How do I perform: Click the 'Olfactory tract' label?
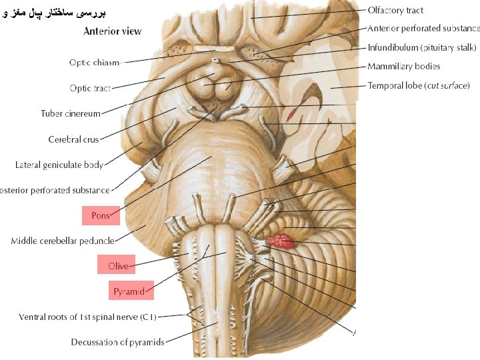point(395,10)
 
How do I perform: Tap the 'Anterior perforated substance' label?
point(423,29)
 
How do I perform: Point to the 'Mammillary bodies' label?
point(403,66)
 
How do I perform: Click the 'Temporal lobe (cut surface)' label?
point(419,85)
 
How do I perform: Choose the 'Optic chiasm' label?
point(94,63)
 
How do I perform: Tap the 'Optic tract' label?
point(90,88)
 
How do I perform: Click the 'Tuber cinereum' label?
point(71,113)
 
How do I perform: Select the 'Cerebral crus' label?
point(73,139)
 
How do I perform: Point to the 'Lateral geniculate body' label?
point(59,165)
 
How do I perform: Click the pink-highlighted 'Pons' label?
point(101,215)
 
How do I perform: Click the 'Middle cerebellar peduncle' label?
point(62,241)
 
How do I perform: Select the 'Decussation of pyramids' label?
point(117,342)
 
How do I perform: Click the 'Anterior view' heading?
point(113,31)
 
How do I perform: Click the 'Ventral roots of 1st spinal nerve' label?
point(87,317)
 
